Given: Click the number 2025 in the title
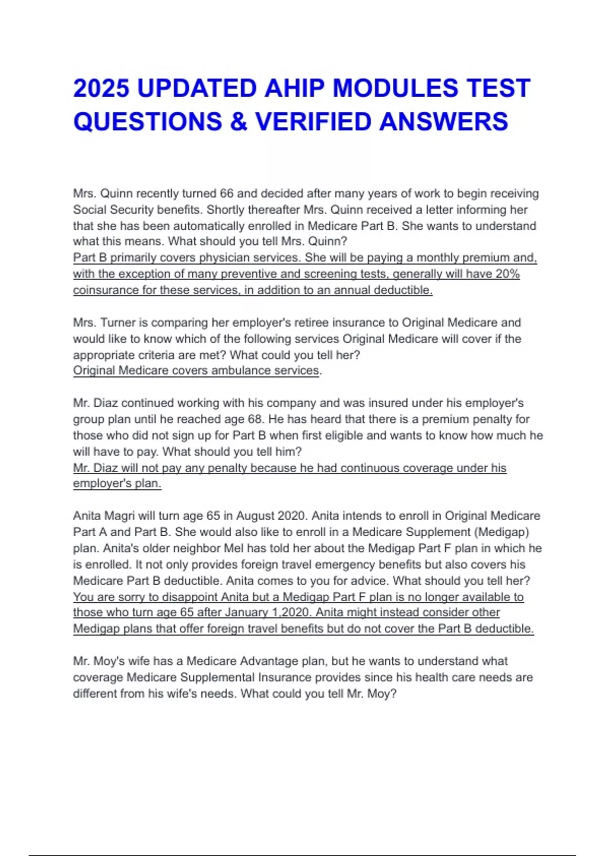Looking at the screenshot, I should coord(101,89).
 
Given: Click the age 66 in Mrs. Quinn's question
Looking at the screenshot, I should coord(226,194).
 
